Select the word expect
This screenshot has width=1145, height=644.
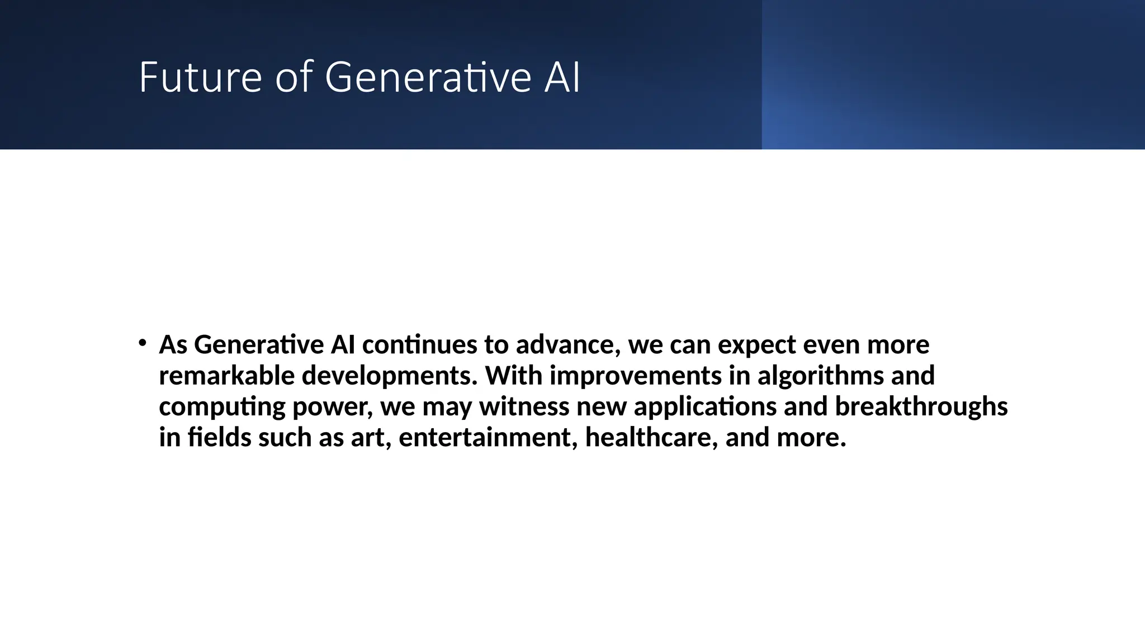pos(756,345)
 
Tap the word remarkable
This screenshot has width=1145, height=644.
pos(226,375)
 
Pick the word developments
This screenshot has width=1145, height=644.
pos(389,376)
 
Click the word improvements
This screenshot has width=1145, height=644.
pos(635,376)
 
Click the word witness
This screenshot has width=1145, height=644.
pos(524,406)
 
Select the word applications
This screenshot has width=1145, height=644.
pos(704,407)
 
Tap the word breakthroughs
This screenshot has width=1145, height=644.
pos(921,407)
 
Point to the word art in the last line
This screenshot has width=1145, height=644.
pos(369,438)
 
